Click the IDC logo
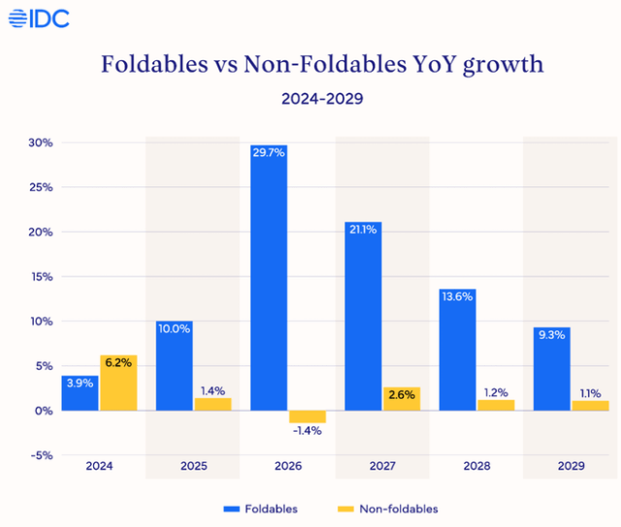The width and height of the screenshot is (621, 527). click(x=38, y=18)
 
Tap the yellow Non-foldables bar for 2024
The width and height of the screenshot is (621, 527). click(x=118, y=383)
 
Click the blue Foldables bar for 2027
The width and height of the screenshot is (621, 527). click(x=363, y=315)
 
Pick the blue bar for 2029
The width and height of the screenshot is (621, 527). click(x=551, y=369)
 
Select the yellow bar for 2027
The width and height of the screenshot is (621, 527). click(x=402, y=398)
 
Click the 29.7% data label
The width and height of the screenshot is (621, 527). click(x=269, y=153)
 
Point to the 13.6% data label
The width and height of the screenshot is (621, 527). click(x=457, y=296)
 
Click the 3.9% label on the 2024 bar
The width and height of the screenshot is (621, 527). click(x=81, y=384)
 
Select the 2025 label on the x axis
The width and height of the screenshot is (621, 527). click(x=194, y=467)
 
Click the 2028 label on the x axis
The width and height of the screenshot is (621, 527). click(x=476, y=467)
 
